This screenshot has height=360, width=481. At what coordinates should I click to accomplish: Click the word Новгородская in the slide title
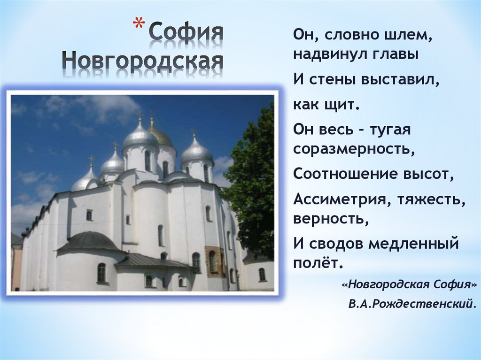tap(143, 61)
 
